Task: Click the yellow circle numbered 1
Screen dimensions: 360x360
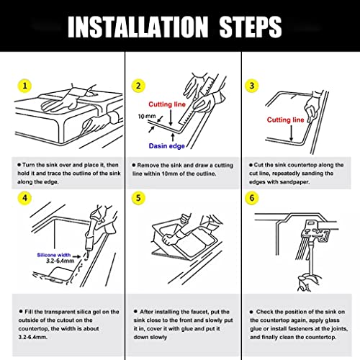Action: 24,86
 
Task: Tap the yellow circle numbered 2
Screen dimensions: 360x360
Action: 138,86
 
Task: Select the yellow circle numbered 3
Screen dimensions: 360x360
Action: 252,86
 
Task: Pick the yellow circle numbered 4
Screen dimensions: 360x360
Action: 24,198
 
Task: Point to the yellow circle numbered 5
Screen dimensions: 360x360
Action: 138,198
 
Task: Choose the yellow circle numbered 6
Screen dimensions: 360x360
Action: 252,198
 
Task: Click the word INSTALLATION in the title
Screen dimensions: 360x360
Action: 138,27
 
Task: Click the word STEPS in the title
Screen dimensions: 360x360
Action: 251,27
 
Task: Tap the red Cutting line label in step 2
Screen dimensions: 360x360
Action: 167,104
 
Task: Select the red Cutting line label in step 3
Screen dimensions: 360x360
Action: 285,120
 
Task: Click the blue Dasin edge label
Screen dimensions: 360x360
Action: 167,146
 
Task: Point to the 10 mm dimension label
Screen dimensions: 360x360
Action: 147,117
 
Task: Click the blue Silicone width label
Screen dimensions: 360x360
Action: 54,255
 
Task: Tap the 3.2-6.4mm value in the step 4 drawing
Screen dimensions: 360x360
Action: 60,261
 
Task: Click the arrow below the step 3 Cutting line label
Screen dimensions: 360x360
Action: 292,132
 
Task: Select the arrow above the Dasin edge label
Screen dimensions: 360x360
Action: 173,138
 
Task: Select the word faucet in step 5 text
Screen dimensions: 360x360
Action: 195,312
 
